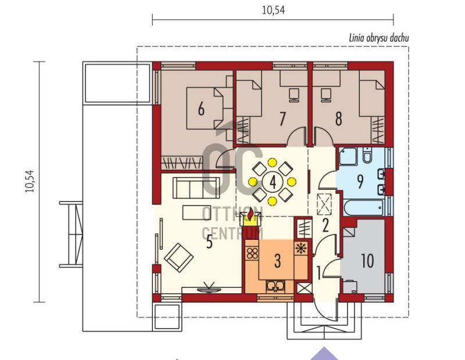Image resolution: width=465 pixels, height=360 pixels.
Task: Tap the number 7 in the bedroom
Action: (x=282, y=118)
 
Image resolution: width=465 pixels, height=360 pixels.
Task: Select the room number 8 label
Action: (x=338, y=118)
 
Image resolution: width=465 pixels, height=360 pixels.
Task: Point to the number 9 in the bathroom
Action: (x=360, y=182)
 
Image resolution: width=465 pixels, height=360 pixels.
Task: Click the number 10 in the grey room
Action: (x=367, y=261)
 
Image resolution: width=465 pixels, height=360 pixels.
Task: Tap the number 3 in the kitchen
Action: (x=277, y=261)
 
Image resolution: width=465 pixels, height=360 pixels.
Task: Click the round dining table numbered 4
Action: (x=273, y=182)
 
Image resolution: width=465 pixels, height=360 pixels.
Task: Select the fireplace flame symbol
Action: (x=251, y=214)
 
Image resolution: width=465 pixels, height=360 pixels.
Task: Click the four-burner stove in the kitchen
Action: (x=252, y=254)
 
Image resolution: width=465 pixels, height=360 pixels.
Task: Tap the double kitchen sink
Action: (x=276, y=286)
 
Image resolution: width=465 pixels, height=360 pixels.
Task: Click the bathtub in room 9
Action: (x=364, y=208)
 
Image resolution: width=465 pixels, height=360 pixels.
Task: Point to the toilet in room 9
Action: (x=367, y=156)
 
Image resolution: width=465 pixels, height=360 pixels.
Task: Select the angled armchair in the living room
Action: (x=179, y=257)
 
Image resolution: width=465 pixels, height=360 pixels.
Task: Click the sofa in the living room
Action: (x=196, y=188)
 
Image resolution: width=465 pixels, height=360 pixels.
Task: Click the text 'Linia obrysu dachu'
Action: (x=379, y=38)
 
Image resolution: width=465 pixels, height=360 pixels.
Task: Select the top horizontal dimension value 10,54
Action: (x=273, y=10)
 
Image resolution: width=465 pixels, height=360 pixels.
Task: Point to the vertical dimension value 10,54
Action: (x=30, y=181)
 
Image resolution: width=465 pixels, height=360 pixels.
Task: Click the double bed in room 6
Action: (x=205, y=109)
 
